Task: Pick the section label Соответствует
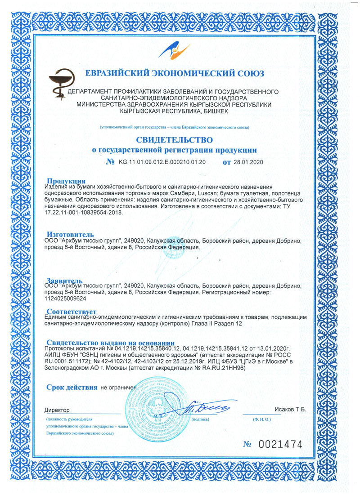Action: (x=72, y=311)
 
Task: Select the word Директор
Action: (x=58, y=410)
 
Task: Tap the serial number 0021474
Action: (x=279, y=445)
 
